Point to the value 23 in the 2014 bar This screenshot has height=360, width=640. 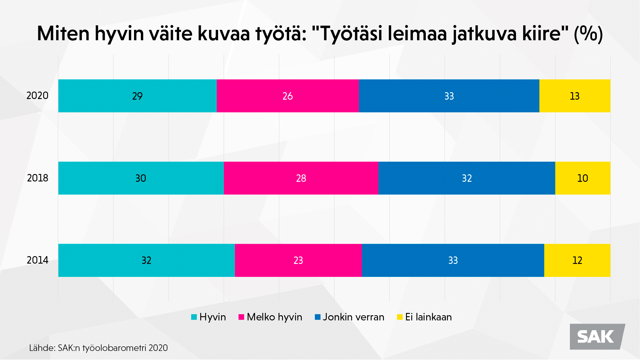tap(298, 260)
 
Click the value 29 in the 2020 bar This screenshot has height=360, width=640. tap(137, 96)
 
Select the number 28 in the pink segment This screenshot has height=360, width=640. tap(301, 178)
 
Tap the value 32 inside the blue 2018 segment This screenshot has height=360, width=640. tap(467, 178)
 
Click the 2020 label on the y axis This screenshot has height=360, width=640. tap(37, 96)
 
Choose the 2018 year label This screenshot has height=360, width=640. tap(37, 178)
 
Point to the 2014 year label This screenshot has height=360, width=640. tap(37, 260)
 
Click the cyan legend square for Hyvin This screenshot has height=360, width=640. tap(194, 317)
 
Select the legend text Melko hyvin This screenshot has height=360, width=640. tap(274, 317)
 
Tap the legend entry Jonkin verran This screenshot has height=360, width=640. tap(353, 317)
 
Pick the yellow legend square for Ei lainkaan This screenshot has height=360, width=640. tap(400, 317)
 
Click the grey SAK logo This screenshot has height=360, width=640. tap(597, 337)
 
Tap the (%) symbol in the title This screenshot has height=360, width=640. tap(588, 34)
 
